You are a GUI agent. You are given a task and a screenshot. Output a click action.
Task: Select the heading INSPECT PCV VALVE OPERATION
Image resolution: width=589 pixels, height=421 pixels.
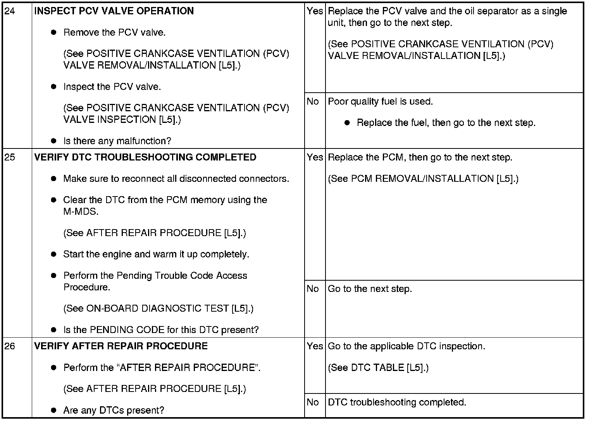tap(114, 11)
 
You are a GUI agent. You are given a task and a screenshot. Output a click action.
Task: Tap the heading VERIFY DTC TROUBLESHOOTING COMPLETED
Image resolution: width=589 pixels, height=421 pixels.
tap(145, 157)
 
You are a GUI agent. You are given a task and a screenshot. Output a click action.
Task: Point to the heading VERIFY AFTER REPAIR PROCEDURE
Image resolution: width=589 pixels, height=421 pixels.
tap(121, 346)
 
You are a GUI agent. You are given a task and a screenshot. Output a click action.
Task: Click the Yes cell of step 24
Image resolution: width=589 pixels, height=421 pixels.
tap(315, 11)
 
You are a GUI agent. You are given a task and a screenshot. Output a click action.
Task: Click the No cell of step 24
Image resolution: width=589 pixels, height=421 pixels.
tap(313, 102)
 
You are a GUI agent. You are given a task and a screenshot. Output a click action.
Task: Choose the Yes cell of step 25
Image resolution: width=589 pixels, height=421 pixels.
tap(315, 157)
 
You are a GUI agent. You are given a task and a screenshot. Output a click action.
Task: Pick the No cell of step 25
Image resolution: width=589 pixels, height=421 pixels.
tap(313, 289)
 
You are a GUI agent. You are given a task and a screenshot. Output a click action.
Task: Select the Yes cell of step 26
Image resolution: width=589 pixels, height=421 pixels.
tap(315, 346)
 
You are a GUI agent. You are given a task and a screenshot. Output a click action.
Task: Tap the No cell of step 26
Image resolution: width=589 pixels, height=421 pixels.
tap(313, 402)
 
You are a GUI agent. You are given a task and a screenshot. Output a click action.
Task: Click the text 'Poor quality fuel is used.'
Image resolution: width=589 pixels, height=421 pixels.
tap(380, 102)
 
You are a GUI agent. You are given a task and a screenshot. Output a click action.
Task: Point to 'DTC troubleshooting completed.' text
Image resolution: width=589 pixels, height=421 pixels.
tap(397, 402)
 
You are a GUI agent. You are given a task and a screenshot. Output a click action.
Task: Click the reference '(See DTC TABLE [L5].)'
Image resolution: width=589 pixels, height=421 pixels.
tap(378, 368)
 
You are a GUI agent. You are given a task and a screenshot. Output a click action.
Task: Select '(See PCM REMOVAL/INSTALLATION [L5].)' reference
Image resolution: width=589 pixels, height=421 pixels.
tap(423, 179)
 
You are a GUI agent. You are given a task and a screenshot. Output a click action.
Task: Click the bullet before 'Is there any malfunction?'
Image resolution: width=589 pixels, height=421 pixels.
tap(54, 141)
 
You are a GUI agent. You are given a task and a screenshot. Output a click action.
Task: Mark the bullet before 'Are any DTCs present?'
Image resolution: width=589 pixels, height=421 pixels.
tap(54, 410)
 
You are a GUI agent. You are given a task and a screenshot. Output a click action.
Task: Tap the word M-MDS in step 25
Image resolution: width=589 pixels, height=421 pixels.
tap(81, 212)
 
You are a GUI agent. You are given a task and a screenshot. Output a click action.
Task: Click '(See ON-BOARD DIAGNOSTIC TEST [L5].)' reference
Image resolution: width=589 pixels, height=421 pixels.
tap(158, 309)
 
